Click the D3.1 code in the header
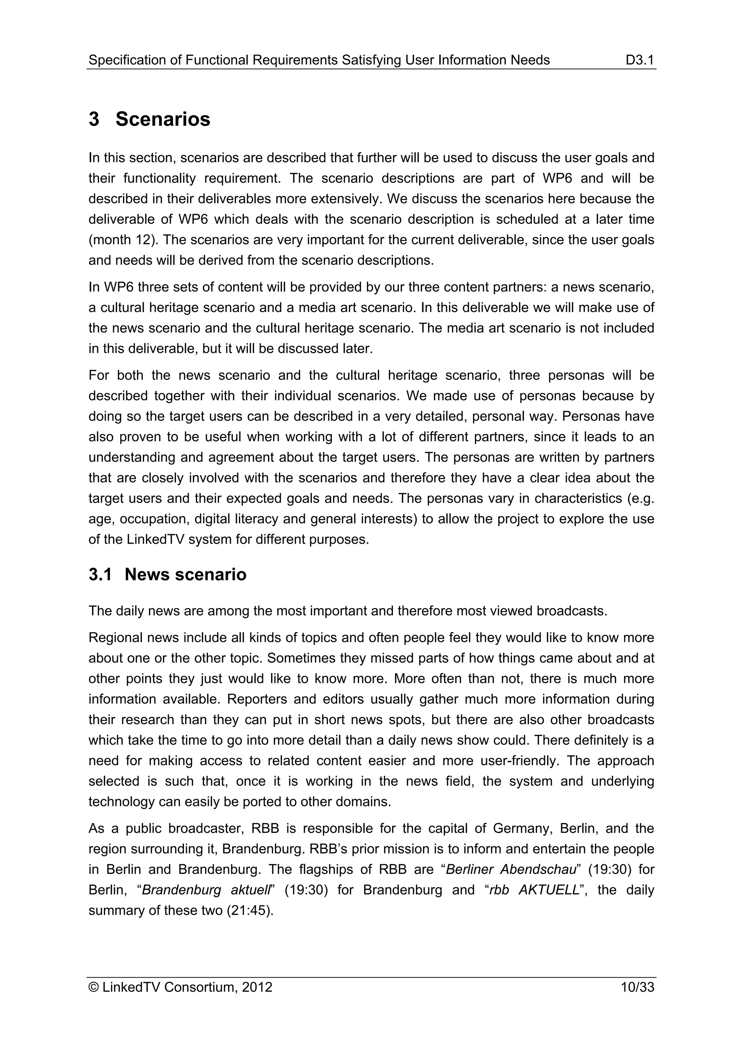(x=640, y=60)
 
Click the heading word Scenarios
(x=163, y=119)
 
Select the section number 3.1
(x=100, y=574)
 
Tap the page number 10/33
(x=637, y=987)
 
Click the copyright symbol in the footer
(x=93, y=987)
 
